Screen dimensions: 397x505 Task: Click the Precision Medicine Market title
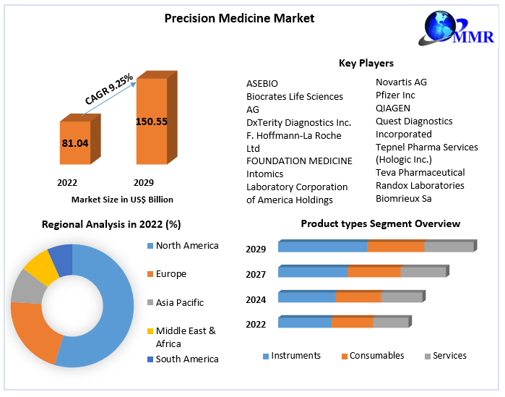point(239,18)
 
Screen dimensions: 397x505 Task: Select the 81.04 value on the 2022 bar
point(75,143)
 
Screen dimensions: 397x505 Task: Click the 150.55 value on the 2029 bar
point(152,121)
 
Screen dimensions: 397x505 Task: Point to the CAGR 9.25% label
point(108,89)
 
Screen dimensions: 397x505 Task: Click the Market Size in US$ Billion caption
point(122,199)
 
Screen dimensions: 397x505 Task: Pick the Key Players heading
point(366,63)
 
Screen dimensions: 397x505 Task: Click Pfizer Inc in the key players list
point(395,95)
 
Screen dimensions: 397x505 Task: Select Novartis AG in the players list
point(401,82)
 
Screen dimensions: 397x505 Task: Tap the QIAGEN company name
point(393,108)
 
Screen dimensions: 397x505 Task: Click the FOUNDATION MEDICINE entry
point(299,161)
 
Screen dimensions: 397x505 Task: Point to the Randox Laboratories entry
point(420,185)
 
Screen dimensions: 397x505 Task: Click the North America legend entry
point(186,246)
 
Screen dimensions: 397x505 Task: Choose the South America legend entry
point(186,359)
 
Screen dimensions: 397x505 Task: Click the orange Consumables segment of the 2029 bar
point(395,247)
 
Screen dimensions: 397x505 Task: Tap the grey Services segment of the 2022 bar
point(390,323)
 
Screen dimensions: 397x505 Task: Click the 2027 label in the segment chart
point(256,275)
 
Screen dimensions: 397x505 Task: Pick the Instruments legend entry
point(295,356)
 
